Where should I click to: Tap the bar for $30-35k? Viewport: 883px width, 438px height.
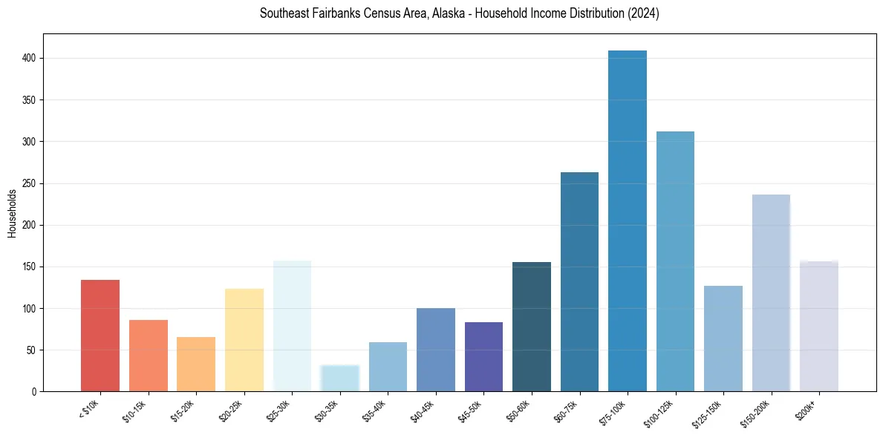pos(339,378)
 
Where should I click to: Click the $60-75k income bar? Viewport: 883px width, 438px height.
pos(579,282)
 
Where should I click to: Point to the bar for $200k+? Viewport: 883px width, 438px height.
pos(819,327)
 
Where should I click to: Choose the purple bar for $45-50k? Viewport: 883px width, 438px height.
pos(483,356)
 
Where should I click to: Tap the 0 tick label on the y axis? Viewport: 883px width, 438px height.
pos(33,391)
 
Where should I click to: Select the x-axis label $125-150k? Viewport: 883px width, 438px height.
pos(707,411)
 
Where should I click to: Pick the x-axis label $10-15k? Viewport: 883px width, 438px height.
pos(134,409)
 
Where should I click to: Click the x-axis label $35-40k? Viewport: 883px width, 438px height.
pos(374,409)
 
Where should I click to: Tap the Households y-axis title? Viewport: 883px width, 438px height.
pos(13,213)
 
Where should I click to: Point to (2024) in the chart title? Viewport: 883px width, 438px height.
pos(645,14)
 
